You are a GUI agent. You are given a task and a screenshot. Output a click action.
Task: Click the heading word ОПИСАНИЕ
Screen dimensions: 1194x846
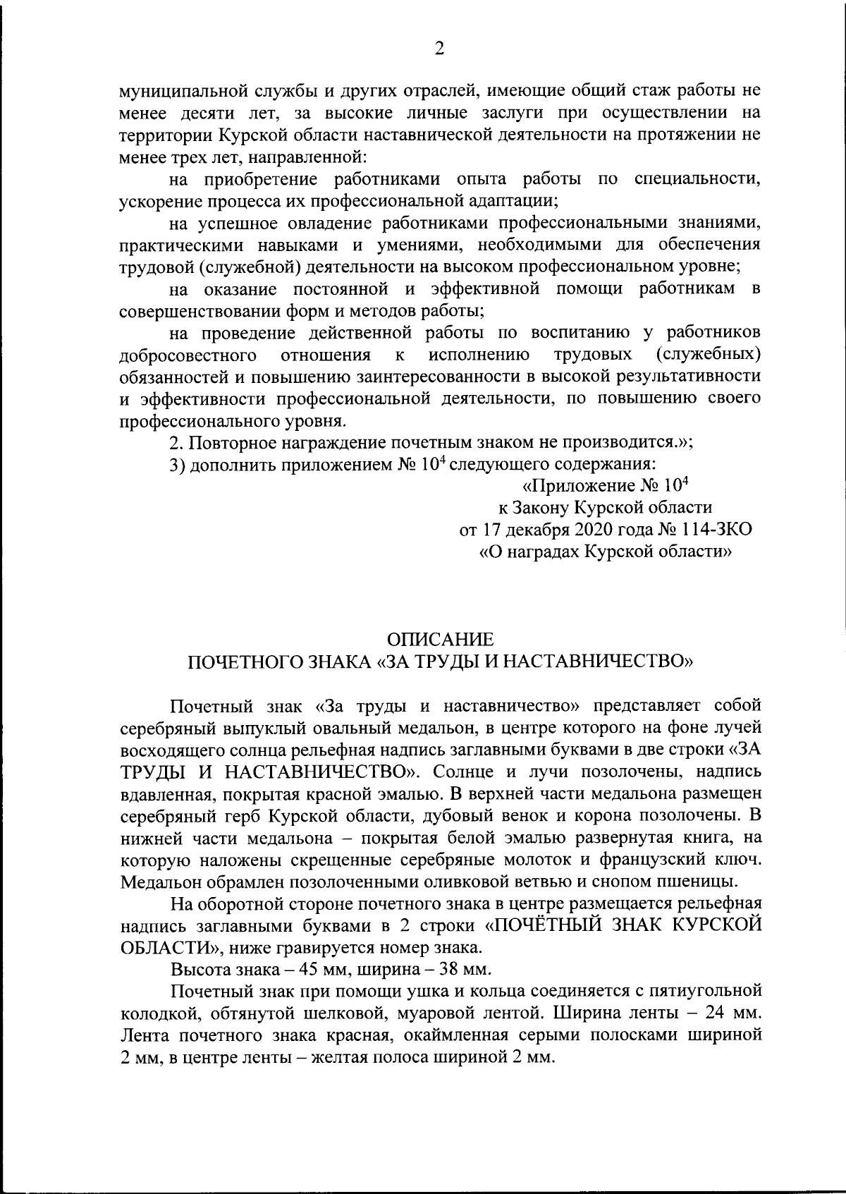click(441, 640)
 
